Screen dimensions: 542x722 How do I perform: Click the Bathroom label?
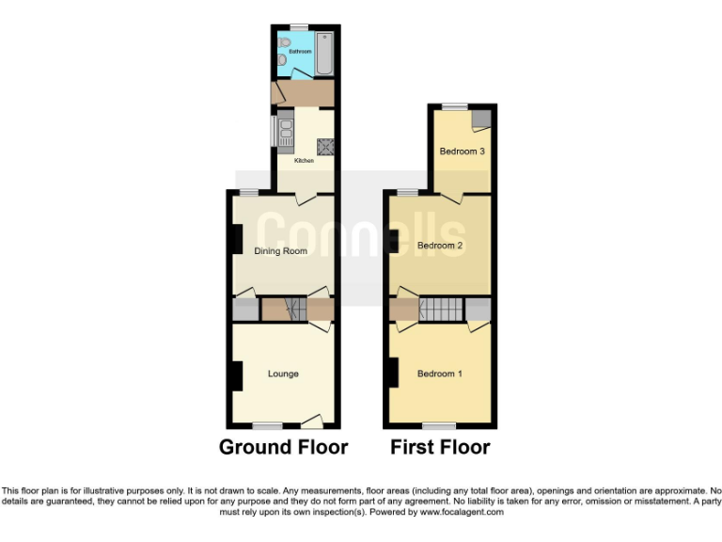point(299,50)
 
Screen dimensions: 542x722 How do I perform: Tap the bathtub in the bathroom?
point(324,54)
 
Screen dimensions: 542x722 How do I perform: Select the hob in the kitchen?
point(325,146)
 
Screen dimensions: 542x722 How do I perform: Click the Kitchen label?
point(304,162)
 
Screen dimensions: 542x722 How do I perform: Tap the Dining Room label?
point(281,251)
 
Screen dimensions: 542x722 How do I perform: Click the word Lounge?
point(283,374)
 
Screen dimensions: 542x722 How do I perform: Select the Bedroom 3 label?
point(462,151)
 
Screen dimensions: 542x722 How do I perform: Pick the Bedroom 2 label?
point(440,246)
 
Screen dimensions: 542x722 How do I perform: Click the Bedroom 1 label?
point(440,374)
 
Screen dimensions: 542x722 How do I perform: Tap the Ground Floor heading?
point(283,447)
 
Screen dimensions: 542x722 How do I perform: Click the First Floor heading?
point(440,447)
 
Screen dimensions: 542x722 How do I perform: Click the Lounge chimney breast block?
point(234,375)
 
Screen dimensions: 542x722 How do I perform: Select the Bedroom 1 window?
point(438,424)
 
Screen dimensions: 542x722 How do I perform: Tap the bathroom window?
point(300,27)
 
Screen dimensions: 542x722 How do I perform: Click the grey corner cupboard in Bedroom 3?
point(482,118)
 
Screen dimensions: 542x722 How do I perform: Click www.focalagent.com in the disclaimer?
point(461,513)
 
